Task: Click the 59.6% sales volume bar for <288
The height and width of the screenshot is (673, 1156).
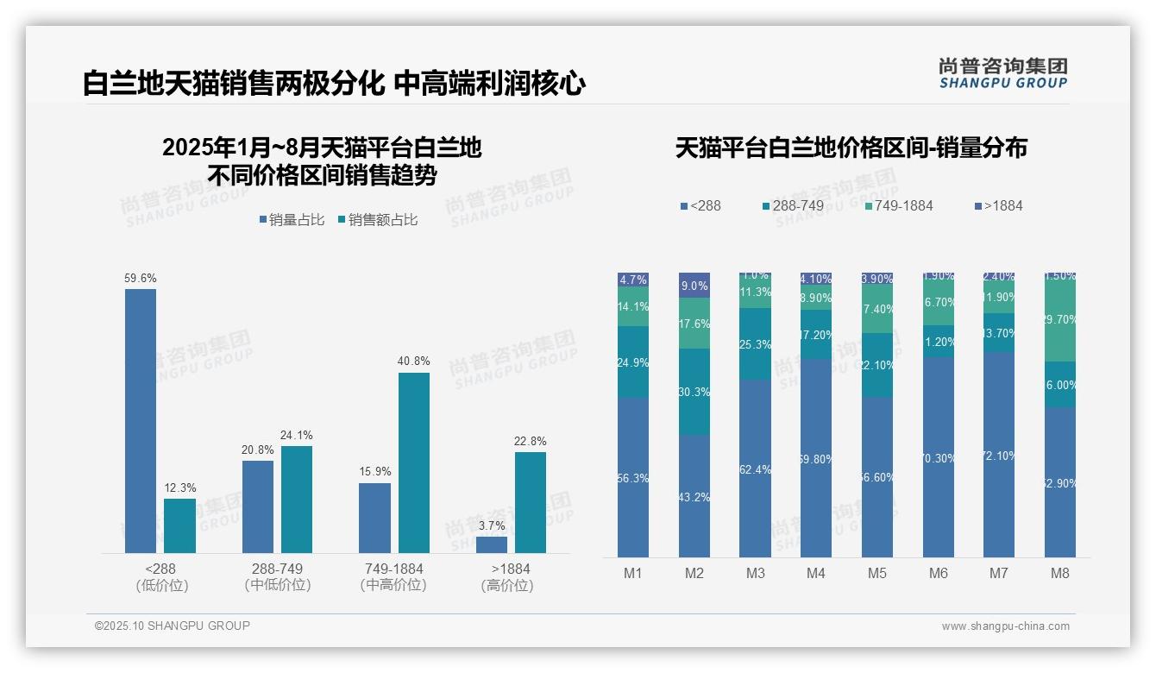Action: tap(141, 420)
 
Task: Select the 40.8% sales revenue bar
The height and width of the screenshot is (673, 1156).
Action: tap(414, 462)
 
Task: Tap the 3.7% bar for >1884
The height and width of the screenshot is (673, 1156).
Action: tap(492, 544)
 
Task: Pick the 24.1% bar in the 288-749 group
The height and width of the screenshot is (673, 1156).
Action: tap(297, 499)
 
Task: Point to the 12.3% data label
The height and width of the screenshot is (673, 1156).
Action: tap(180, 487)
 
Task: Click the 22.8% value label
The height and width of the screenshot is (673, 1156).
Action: tap(531, 441)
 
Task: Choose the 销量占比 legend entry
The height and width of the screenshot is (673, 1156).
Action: tap(292, 220)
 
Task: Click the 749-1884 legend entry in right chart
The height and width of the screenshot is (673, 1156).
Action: tap(898, 205)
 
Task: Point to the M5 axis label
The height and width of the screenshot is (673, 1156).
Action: tap(877, 573)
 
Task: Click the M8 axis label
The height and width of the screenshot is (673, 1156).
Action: tap(1060, 573)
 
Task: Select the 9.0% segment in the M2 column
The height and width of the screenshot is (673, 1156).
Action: tap(694, 286)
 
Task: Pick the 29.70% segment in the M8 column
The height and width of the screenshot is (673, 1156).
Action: tap(1060, 319)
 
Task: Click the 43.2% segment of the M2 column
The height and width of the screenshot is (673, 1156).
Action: tap(694, 496)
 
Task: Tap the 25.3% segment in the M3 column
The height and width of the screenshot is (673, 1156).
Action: tap(755, 344)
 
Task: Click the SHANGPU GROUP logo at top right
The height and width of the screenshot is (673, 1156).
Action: tap(1003, 73)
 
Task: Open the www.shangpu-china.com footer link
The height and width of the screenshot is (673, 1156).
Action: tap(1005, 626)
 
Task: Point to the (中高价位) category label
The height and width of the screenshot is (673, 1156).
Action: tap(393, 585)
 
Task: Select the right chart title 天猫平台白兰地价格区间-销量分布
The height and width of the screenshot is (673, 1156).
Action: tap(851, 148)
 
